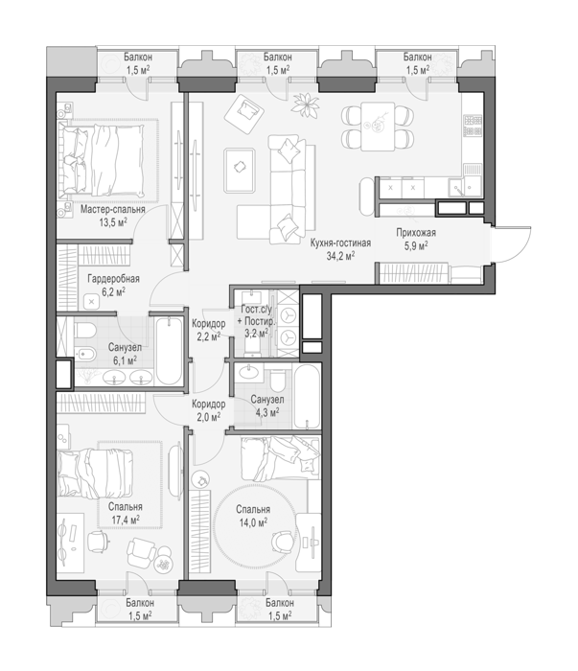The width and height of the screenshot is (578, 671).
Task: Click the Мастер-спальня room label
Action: [x=112, y=209]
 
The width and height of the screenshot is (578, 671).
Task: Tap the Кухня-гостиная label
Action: [x=340, y=243]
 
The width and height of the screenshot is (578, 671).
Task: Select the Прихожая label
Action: [x=416, y=233]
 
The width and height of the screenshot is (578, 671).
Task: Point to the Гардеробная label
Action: [x=113, y=279]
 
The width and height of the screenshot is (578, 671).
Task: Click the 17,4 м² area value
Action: [x=126, y=520]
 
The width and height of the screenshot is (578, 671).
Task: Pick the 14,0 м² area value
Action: [x=253, y=522]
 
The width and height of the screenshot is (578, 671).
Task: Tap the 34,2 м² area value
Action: [x=340, y=256]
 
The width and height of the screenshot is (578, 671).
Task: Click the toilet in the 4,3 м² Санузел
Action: [x=278, y=380]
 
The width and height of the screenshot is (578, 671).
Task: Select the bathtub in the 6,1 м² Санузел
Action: [x=169, y=351]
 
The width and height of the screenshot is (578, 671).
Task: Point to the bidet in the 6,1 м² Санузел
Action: [x=83, y=354]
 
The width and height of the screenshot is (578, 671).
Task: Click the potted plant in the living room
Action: [x=306, y=104]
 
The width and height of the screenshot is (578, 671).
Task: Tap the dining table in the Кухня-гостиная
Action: [x=378, y=127]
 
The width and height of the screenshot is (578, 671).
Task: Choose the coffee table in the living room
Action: [x=240, y=171]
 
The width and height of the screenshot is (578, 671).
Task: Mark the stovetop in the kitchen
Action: [x=474, y=125]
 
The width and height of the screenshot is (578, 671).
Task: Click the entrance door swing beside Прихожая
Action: [x=512, y=243]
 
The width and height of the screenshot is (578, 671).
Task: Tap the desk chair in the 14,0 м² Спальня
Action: [x=283, y=542]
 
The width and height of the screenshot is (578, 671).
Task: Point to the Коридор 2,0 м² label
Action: [x=208, y=410]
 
